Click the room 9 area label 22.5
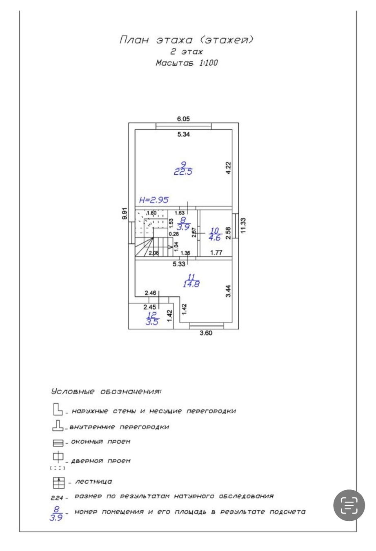pyautogui.click(x=183, y=171)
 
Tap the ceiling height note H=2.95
pyautogui.click(x=154, y=200)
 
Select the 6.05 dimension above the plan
pyautogui.click(x=183, y=119)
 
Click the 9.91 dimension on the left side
pyautogui.click(x=125, y=214)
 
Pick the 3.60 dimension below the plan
pyautogui.click(x=205, y=333)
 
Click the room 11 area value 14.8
pyautogui.click(x=191, y=284)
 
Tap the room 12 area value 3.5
pyautogui.click(x=152, y=321)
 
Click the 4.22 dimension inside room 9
pyautogui.click(x=228, y=168)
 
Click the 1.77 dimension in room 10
pyautogui.click(x=216, y=253)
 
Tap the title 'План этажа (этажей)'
pyautogui.click(x=187, y=40)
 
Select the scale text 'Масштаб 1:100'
pyautogui.click(x=187, y=63)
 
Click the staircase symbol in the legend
pyautogui.click(x=59, y=483)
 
